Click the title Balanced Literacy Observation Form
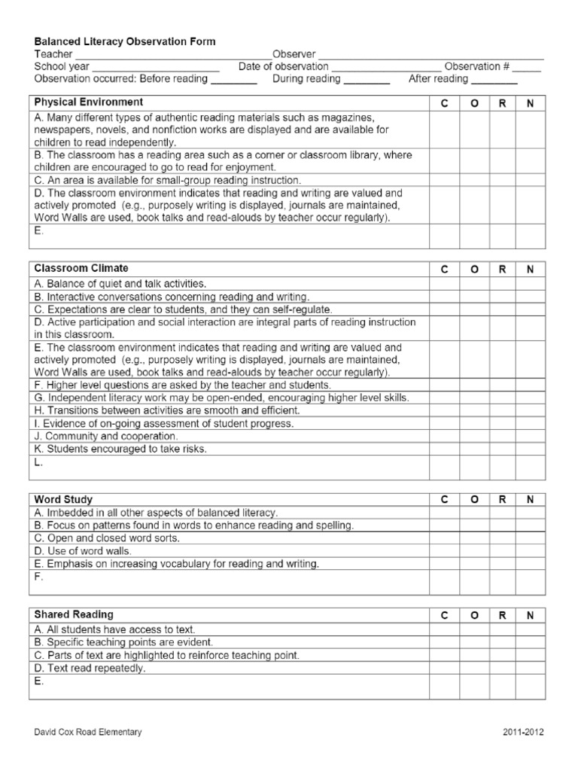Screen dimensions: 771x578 click(125, 42)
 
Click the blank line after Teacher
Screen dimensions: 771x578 click(172, 55)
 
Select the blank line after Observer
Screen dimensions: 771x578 click(430, 55)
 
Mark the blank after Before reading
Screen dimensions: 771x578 click(234, 80)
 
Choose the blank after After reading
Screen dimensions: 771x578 click(494, 80)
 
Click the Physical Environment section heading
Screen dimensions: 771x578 click(89, 102)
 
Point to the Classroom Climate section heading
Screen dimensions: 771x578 click(81, 269)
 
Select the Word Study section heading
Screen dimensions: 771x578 click(64, 499)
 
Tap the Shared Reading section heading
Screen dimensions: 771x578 click(74, 615)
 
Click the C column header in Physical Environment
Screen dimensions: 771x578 click(444, 104)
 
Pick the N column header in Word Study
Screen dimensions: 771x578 click(531, 499)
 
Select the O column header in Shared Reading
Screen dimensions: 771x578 click(474, 616)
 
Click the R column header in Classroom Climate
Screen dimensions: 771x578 click(502, 270)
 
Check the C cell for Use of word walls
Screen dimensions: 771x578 click(444, 551)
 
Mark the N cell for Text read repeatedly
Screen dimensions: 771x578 click(531, 668)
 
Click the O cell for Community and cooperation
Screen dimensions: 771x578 click(474, 436)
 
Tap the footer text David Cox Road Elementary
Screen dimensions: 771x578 click(87, 732)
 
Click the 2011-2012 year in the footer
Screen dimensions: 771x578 click(524, 732)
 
